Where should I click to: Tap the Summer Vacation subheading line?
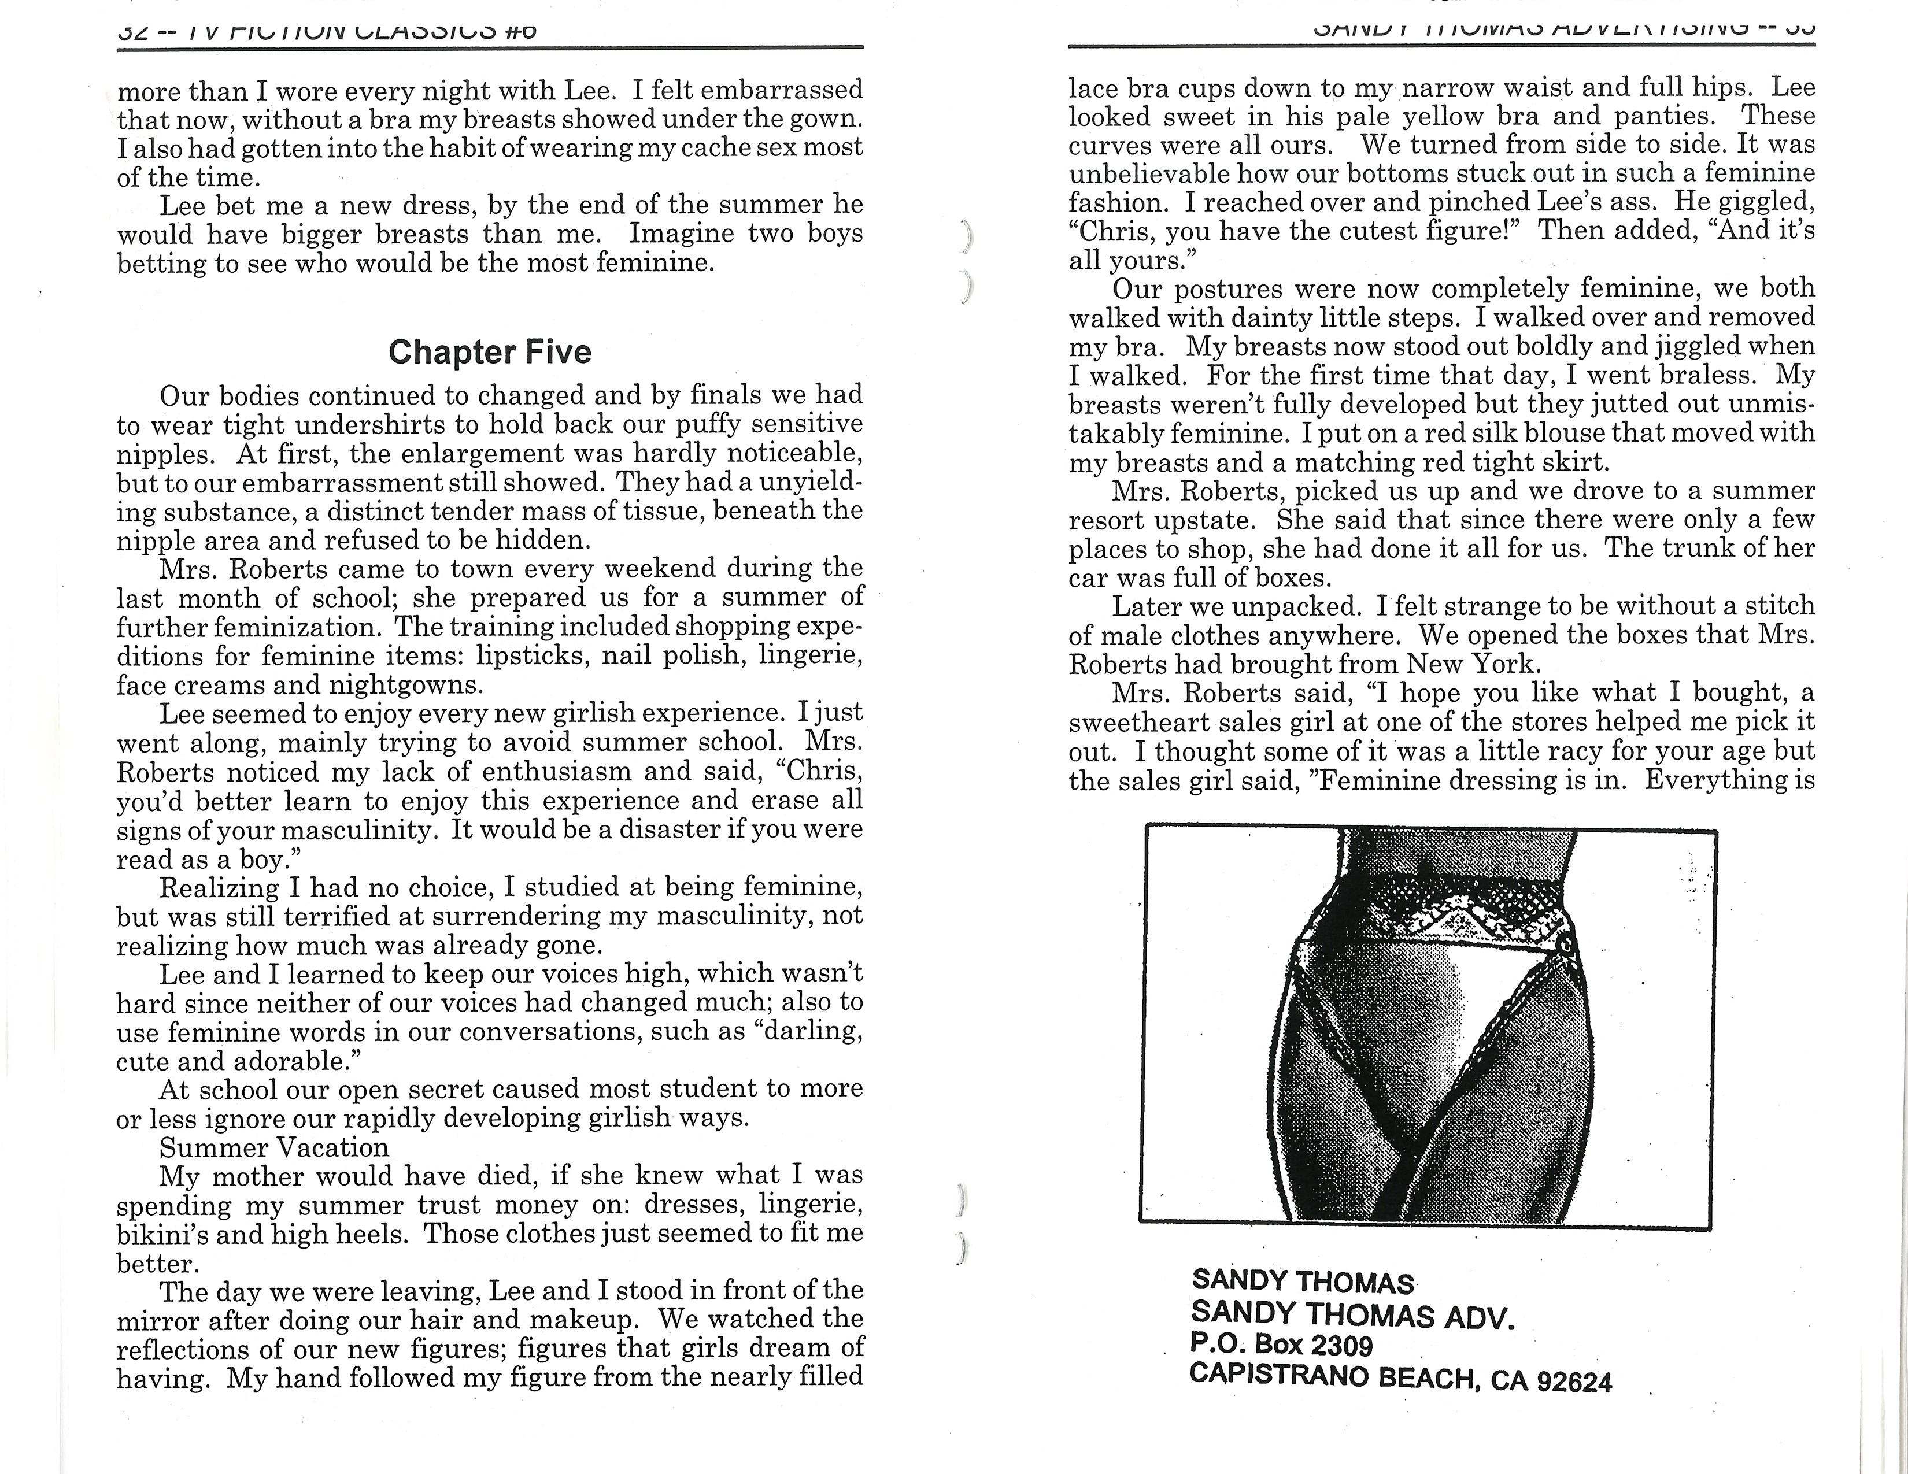(x=273, y=1147)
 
